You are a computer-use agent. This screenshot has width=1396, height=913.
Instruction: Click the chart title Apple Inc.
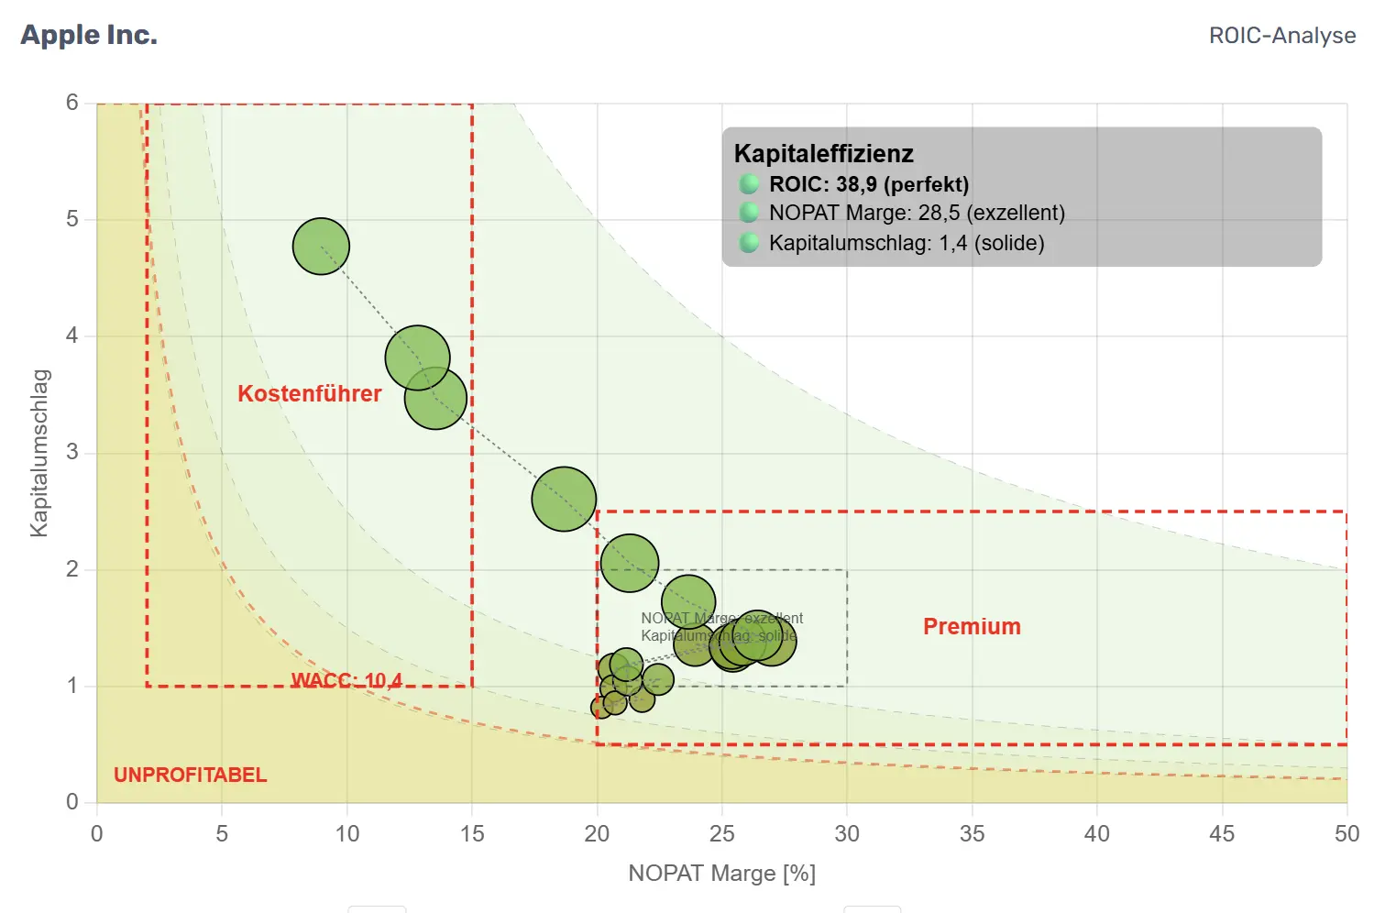click(89, 35)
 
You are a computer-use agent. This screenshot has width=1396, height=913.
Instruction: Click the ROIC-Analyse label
click(1281, 36)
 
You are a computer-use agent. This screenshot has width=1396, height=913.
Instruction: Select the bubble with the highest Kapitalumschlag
click(321, 247)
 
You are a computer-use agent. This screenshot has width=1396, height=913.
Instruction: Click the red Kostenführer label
click(309, 394)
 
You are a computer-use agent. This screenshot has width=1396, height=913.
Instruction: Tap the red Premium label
click(972, 627)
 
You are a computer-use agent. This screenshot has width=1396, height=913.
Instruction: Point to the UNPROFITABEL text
click(190, 775)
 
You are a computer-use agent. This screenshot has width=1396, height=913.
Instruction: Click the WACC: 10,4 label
click(346, 680)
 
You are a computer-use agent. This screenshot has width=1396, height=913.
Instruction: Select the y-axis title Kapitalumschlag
click(39, 453)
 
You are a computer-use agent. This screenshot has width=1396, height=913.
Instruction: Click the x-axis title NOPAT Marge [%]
click(721, 874)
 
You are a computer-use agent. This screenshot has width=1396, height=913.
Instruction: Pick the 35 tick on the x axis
click(972, 834)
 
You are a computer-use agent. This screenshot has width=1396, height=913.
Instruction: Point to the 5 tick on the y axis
click(72, 219)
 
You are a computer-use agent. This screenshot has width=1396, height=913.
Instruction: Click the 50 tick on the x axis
click(1346, 834)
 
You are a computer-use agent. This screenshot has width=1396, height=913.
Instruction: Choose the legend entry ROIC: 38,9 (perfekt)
click(868, 184)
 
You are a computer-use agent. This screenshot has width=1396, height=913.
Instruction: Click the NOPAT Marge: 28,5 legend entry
click(917, 214)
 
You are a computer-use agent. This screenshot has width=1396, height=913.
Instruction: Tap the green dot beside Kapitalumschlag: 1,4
click(749, 243)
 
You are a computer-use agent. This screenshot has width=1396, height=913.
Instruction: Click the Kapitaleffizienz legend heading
click(823, 154)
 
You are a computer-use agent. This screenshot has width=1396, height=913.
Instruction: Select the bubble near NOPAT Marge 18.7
click(564, 500)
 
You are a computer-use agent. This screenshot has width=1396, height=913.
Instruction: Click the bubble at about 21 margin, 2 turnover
click(630, 563)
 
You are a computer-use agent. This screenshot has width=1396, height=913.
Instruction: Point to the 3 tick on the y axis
click(72, 453)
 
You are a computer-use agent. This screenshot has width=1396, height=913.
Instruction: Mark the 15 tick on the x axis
click(472, 834)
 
